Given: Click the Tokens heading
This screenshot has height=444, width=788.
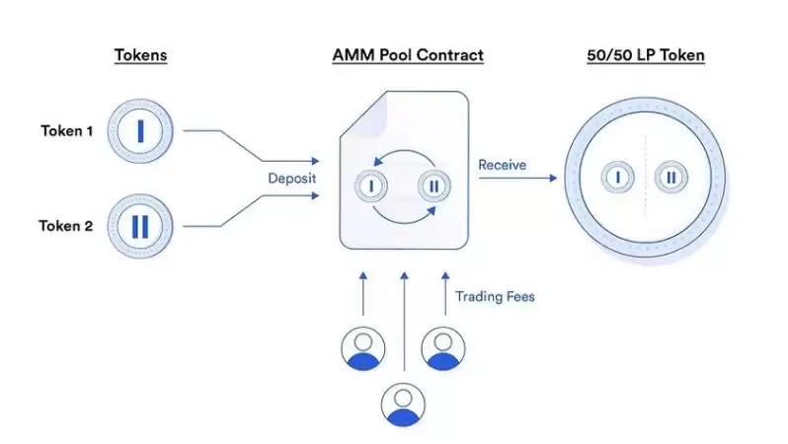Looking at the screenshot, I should coord(139,55).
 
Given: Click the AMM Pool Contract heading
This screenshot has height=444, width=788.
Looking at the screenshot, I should coord(408,55).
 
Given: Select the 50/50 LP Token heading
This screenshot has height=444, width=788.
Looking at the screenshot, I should coord(646,55).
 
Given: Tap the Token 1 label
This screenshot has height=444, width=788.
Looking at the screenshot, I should coord(67,130).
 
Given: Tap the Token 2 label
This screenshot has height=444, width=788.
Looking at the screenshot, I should coord(66,226).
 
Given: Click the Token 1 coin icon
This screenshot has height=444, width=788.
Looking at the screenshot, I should coord(140,130).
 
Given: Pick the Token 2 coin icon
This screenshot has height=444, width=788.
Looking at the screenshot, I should coord(140,226).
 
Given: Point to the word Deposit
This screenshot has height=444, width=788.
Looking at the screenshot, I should coord(291,179).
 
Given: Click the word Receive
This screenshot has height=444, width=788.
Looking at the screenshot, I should coord(503,164).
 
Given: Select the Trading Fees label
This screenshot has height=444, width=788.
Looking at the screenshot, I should coord(495,295).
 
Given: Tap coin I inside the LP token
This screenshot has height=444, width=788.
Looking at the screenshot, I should coord(618,178).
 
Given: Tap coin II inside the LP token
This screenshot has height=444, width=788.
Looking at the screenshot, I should coord(671,178).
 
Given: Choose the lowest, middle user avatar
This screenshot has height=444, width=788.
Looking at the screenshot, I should coord(403,403).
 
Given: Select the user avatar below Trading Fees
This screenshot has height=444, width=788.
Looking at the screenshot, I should coord(443,347).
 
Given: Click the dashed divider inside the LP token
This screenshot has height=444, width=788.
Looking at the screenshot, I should coord(645,178).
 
